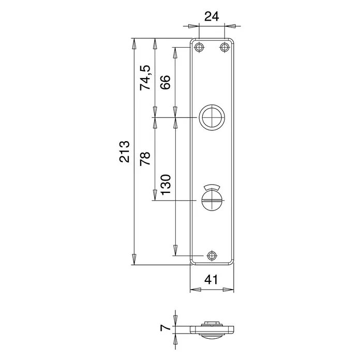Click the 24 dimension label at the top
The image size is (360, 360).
click(212, 17)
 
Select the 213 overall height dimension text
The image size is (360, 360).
click(125, 152)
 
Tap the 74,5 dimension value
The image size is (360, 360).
click(145, 78)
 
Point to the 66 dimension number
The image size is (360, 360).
click(166, 82)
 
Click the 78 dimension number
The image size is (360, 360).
click(145, 158)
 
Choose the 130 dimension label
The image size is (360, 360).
click(166, 185)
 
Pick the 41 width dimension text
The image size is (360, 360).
click(211, 279)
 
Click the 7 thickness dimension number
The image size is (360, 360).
click(166, 327)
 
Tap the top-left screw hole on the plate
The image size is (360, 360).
click(199, 48)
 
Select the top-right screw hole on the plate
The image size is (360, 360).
click(224, 48)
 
